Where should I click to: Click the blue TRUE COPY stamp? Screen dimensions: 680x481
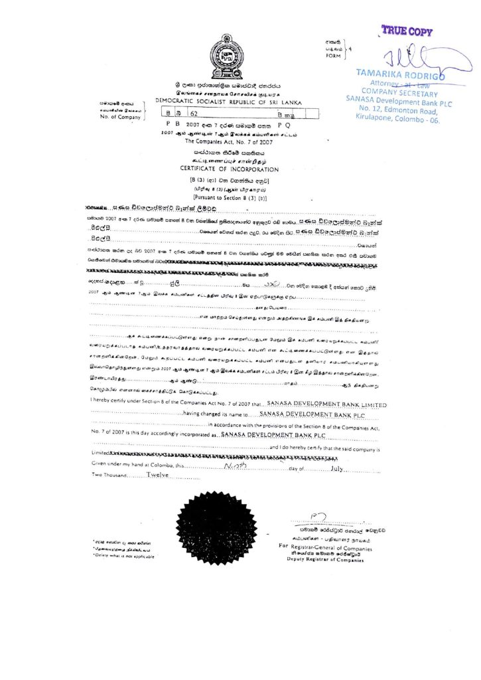(407, 31)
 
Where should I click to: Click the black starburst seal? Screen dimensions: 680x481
(216, 527)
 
